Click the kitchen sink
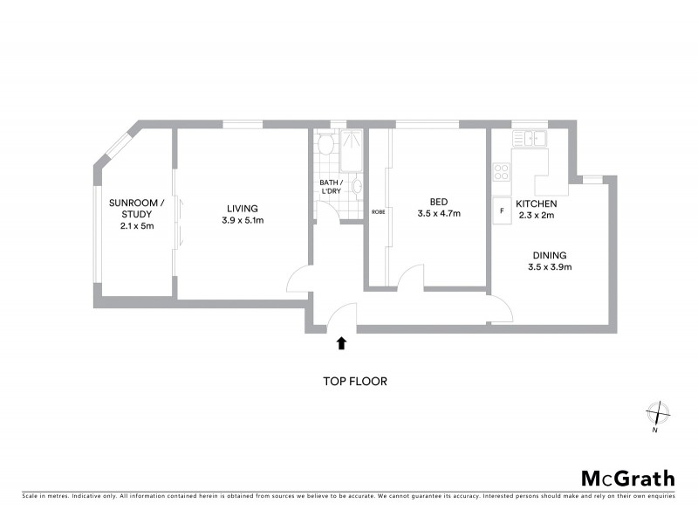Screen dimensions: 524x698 pyautogui.click(x=530, y=138)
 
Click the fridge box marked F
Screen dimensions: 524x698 pyautogui.click(x=502, y=210)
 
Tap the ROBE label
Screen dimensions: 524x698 pyautogui.click(x=378, y=212)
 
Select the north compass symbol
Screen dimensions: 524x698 pyautogui.click(x=656, y=412)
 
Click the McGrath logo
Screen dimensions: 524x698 pyautogui.click(x=627, y=478)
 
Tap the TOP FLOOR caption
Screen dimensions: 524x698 pyautogui.click(x=354, y=382)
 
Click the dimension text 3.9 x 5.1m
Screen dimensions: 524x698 pyautogui.click(x=242, y=220)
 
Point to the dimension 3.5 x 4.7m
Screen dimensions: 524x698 pyautogui.click(x=438, y=213)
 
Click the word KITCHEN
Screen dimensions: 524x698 pyautogui.click(x=536, y=203)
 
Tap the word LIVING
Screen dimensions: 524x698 pyautogui.click(x=242, y=208)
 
